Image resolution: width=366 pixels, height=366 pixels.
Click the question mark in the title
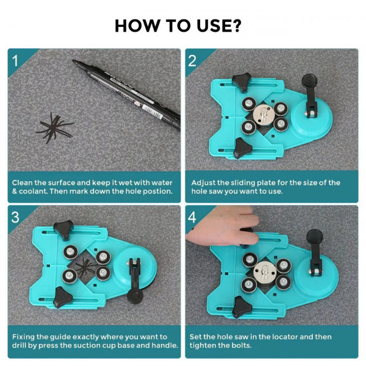pos(235,26)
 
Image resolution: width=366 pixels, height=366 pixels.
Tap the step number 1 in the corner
pos(15,60)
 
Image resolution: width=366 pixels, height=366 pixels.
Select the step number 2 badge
pos(192,61)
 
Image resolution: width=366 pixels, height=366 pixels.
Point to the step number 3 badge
pos(15,217)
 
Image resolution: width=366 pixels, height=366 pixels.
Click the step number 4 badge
pos(192,217)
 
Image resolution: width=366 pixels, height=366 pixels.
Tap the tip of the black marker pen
pos(74,61)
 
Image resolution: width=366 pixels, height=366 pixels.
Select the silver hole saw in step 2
pos(264,115)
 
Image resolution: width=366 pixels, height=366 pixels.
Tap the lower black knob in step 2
pos(242,148)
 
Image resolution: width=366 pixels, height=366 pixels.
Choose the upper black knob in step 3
pos(63,229)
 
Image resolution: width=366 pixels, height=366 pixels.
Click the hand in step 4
pos(224,226)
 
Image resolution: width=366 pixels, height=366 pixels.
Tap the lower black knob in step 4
pos(242,307)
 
